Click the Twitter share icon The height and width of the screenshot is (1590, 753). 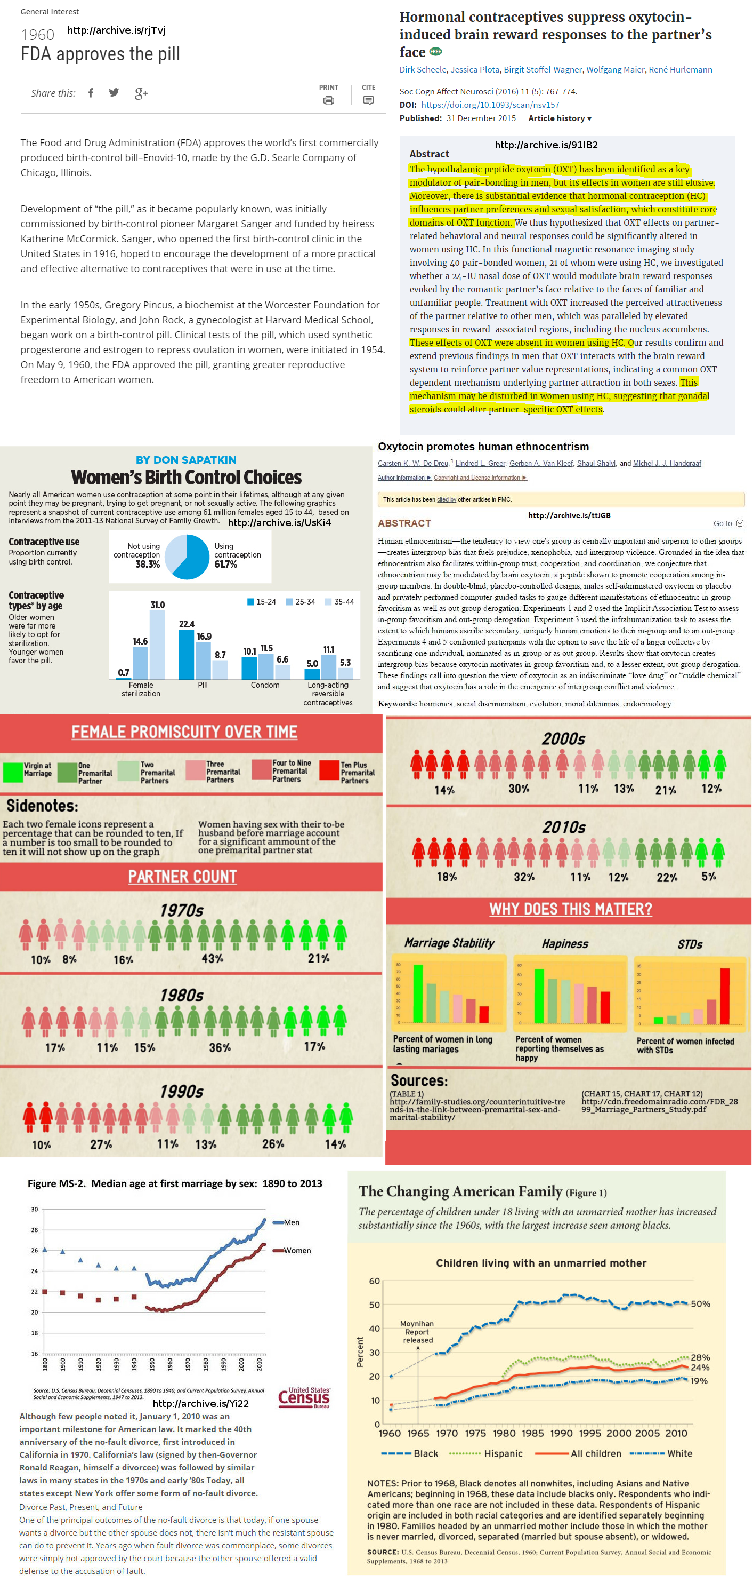(114, 93)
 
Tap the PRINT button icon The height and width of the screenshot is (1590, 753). (329, 100)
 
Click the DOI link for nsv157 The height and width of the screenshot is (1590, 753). (490, 105)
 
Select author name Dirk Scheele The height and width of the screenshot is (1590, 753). (423, 70)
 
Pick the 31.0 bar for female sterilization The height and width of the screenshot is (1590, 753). (157, 644)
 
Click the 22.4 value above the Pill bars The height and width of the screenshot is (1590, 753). (186, 624)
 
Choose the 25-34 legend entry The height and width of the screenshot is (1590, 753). (301, 602)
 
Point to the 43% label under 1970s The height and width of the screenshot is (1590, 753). (212, 959)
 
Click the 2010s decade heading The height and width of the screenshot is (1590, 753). (564, 827)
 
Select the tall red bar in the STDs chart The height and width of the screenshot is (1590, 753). (725, 996)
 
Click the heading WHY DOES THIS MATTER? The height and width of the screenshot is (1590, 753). (570, 909)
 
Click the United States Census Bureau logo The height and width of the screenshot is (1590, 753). (304, 1397)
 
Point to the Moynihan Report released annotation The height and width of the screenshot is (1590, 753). (417, 1331)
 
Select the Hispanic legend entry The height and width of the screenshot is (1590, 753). (503, 1453)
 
